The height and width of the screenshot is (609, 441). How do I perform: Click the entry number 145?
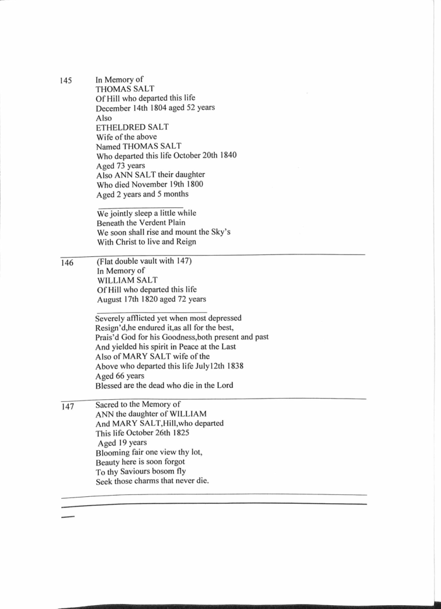tap(66, 81)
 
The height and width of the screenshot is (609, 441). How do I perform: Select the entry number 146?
tap(67, 263)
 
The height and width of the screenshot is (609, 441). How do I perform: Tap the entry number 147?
tap(67, 407)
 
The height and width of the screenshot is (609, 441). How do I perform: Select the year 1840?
tap(224, 156)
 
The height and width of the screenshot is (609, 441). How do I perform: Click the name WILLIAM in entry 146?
tap(117, 280)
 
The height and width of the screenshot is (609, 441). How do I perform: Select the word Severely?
tap(113, 319)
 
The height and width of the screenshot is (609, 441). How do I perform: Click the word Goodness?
tap(175, 338)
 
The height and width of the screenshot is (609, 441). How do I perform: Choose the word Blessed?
tap(110, 385)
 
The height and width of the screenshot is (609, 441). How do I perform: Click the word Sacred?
tap(110, 404)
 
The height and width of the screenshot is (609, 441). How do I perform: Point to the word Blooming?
tap(114, 453)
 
